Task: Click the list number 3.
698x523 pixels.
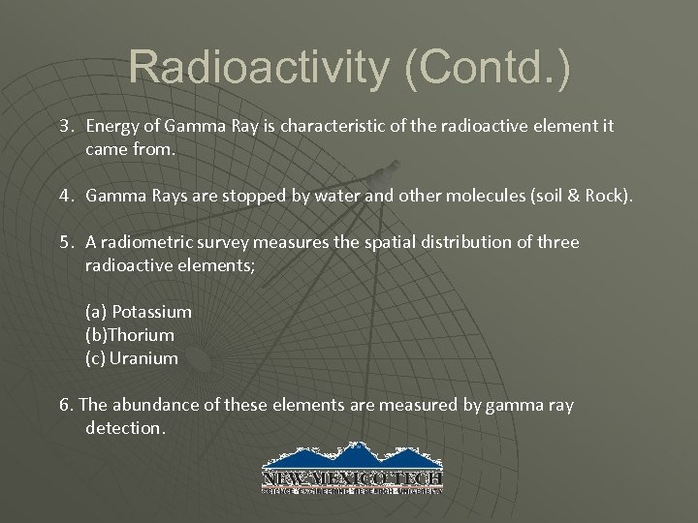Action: click(x=65, y=126)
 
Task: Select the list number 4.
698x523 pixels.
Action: click(x=65, y=197)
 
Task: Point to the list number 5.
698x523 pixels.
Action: click(x=65, y=241)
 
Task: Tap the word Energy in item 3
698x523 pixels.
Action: click(x=112, y=126)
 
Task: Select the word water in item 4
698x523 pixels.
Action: click(x=337, y=197)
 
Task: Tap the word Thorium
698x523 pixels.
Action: click(x=143, y=335)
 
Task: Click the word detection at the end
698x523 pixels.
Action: click(x=125, y=427)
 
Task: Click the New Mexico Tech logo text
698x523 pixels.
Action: click(x=352, y=477)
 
